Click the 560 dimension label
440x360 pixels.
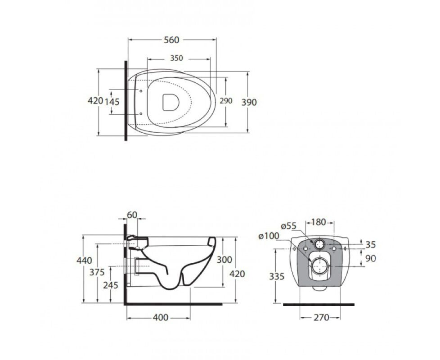171,40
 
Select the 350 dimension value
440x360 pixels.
176,58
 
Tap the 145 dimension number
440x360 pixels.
112,102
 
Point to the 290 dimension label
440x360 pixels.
226,101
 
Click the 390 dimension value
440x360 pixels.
249,102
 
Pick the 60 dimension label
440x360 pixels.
132,215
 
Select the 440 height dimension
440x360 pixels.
84,261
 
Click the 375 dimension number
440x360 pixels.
97,272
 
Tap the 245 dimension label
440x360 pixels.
111,285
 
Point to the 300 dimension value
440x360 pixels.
224,260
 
